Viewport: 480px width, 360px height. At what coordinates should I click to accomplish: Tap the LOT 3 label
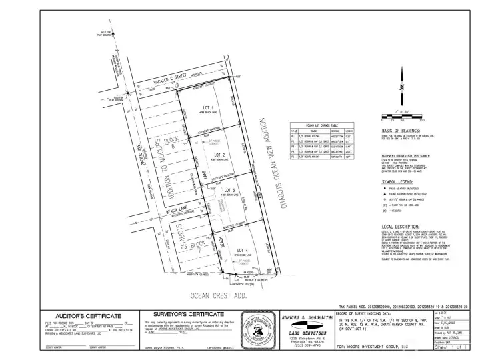tap(229, 191)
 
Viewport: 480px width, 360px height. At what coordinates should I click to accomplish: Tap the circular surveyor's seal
tap(255, 329)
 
